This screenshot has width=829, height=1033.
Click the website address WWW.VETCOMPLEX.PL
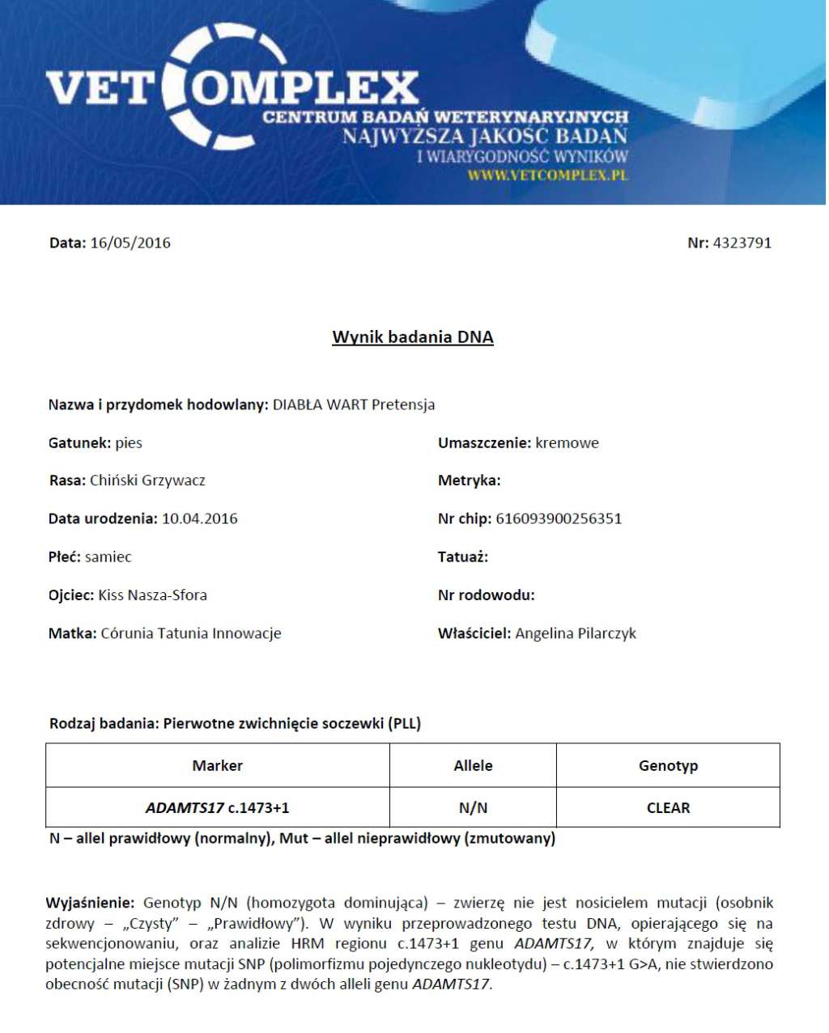(547, 175)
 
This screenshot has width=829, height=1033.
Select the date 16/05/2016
(130, 243)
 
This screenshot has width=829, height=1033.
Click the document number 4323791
(742, 243)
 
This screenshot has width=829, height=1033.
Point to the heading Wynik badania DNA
(413, 337)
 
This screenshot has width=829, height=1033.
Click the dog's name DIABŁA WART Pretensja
(354, 404)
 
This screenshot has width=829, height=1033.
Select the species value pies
(129, 442)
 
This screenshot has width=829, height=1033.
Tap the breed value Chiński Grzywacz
(147, 481)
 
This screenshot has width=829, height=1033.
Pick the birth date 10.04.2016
(200, 519)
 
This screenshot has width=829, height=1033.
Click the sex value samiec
(108, 557)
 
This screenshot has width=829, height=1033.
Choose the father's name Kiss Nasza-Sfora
(152, 595)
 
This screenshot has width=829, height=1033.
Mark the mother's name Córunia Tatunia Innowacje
(191, 633)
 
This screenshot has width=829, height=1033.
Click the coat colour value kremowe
(567, 442)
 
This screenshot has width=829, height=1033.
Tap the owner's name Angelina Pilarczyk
(576, 633)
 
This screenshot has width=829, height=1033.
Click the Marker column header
(217, 765)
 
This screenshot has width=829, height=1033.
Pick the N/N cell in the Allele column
(473, 807)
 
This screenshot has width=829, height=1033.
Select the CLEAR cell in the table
(668, 807)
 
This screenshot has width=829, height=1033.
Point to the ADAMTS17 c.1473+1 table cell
(217, 807)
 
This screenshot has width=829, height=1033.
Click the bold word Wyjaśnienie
(90, 903)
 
